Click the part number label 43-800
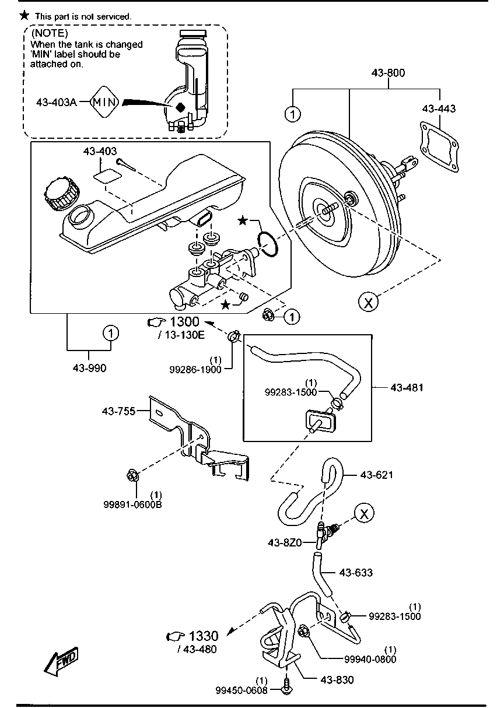point(388,73)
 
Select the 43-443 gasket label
point(439,108)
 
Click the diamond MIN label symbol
point(106,103)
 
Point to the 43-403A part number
point(56,103)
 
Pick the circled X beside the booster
point(367,302)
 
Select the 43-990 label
point(89,368)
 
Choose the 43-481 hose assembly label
point(407,387)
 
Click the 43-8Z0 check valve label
point(285,542)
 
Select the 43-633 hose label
point(356,573)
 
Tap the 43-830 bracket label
point(337,679)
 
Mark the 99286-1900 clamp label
point(195,370)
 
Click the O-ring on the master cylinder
point(268,243)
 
